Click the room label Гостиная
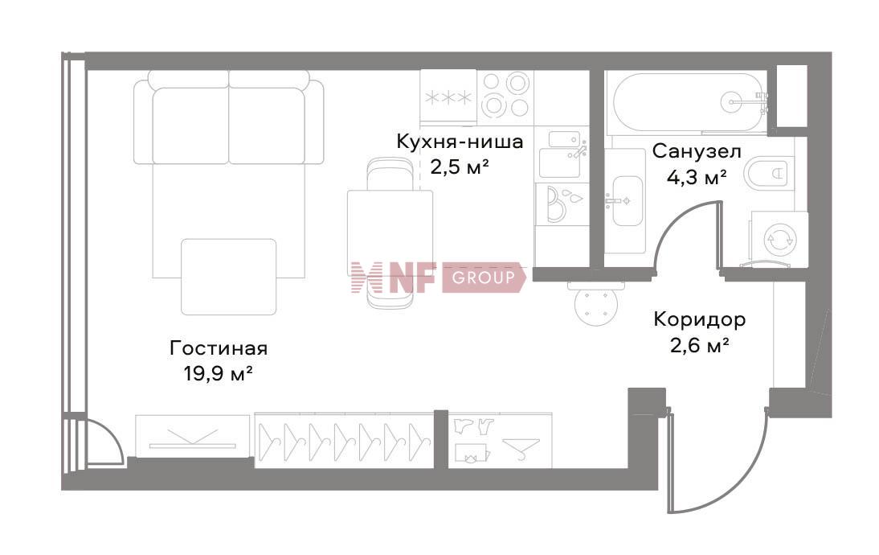(x=218, y=348)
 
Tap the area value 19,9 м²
(x=219, y=373)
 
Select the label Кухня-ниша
(x=460, y=142)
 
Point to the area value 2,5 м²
(x=460, y=167)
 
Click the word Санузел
(x=697, y=150)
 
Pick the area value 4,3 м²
(x=697, y=177)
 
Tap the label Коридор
(x=699, y=319)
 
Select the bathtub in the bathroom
(x=688, y=103)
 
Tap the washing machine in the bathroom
(x=779, y=238)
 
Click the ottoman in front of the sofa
(x=228, y=276)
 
